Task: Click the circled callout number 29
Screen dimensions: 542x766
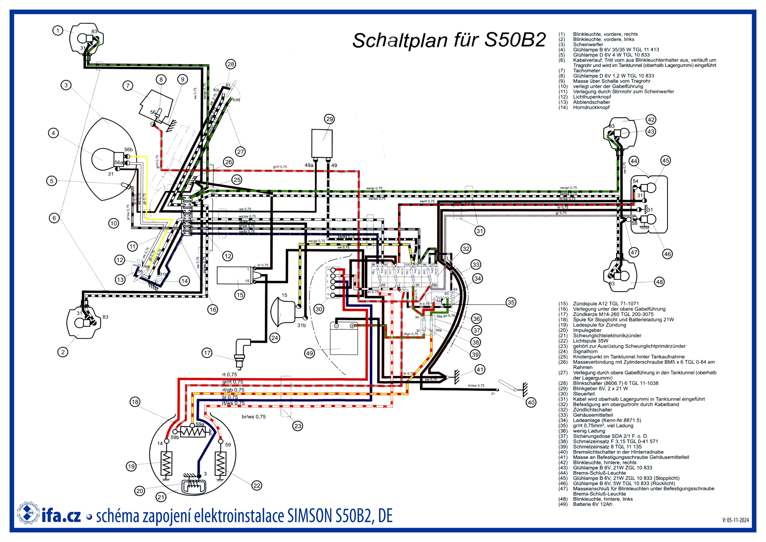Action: (x=329, y=119)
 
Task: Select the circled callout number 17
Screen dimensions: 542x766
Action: (x=207, y=353)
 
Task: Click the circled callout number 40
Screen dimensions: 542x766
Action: (x=531, y=403)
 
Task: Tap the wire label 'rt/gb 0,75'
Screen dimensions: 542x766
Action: (x=233, y=390)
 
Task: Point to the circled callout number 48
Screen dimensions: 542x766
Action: (x=660, y=282)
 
